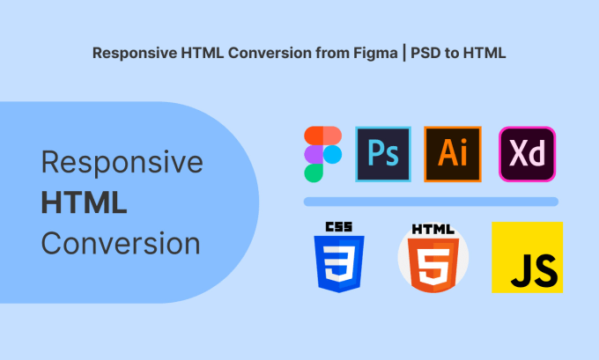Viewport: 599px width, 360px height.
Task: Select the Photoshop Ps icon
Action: (382, 154)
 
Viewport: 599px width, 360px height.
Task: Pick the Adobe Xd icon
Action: (526, 154)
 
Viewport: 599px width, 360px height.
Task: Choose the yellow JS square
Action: (527, 257)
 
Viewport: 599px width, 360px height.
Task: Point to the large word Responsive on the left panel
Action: (122, 163)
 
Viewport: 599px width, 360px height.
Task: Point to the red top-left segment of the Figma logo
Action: (314, 135)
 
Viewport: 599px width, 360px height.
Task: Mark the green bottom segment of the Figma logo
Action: (314, 173)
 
